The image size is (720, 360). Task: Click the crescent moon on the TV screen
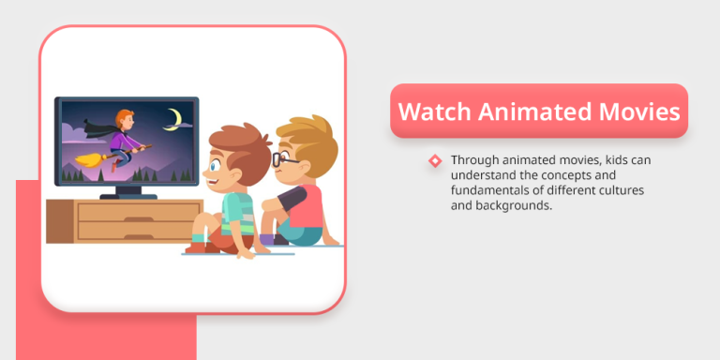(173, 118)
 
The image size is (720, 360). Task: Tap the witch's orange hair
(122, 120)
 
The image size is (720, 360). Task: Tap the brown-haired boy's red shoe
(200, 246)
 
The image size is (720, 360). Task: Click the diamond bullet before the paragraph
(435, 161)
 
